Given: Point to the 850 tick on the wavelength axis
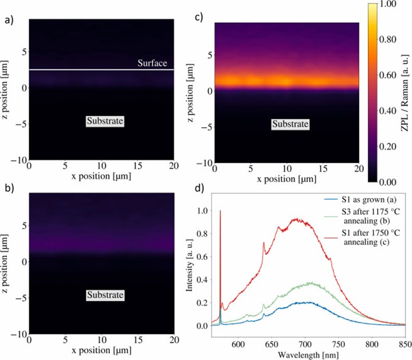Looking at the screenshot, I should [404, 344].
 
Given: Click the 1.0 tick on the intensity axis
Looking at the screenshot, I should [206, 212].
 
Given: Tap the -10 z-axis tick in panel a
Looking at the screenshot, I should [18, 159].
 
